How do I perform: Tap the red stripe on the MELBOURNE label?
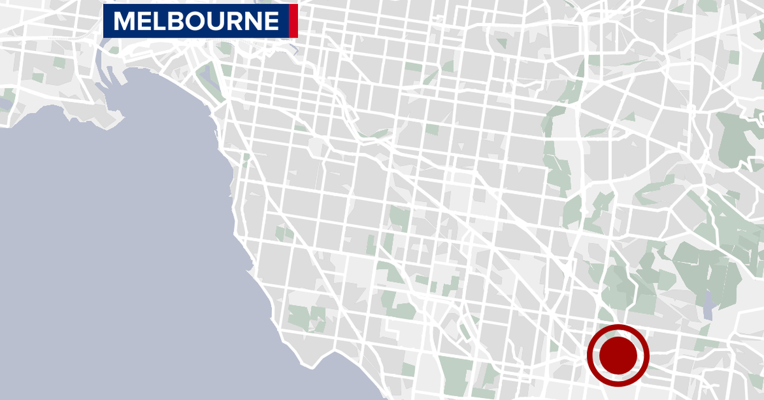(293, 22)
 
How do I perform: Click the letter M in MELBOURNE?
(124, 22)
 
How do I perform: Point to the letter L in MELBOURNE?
(159, 22)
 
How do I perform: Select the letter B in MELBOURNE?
(174, 22)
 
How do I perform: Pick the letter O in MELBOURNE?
(192, 22)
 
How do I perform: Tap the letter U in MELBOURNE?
(211, 22)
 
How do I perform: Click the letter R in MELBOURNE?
(230, 22)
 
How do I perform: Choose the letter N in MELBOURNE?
(249, 22)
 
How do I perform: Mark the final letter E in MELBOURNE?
(270, 22)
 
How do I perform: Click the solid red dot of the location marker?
(618, 355)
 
